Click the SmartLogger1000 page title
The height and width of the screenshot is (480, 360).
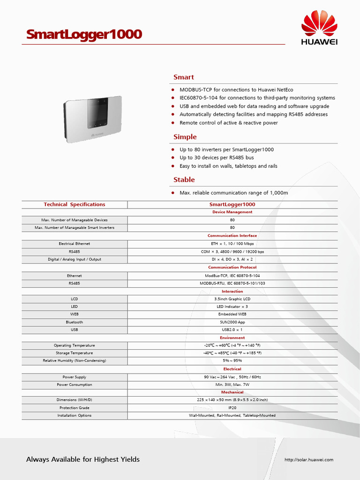point(84,35)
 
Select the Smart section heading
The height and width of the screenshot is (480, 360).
point(183,77)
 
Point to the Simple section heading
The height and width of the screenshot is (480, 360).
point(185,137)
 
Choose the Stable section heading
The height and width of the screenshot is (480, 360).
point(184,180)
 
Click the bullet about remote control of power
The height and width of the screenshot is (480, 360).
point(228,123)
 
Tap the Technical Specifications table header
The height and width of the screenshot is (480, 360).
point(75,204)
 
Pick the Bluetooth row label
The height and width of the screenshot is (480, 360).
point(75,322)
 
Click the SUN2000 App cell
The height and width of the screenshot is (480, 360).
point(232,322)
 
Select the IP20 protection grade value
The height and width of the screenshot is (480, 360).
point(232,408)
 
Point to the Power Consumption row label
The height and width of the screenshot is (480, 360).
point(75,384)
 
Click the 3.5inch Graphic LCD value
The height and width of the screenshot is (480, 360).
point(232,299)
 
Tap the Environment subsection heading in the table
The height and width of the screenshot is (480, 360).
point(232,337)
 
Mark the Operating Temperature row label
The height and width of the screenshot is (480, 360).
point(75,345)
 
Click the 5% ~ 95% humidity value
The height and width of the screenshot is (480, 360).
point(232,360)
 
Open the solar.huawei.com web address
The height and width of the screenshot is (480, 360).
point(309,459)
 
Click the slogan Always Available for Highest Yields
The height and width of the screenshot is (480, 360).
point(83,459)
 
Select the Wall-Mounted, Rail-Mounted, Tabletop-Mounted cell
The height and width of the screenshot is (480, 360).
point(232,415)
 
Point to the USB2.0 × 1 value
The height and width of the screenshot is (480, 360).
point(232,330)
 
